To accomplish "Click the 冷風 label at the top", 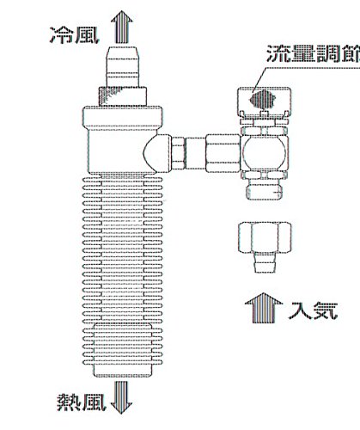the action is (75, 35).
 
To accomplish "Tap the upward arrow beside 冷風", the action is (122, 28).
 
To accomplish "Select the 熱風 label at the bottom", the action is (82, 402).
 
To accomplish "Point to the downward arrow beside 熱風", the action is (121, 397).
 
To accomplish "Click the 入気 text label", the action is (313, 310).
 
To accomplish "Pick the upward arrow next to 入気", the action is (264, 308).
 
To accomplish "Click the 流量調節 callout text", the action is (313, 53).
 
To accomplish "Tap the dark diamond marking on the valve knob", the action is (263, 100).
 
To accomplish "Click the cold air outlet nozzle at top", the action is (122, 66).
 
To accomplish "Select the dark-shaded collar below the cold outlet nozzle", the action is (123, 96).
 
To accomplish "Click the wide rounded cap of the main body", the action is (123, 118).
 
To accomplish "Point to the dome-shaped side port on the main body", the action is (157, 153).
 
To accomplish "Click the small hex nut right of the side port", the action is (178, 153).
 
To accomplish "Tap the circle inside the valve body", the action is (264, 153).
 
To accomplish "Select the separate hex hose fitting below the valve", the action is (265, 237).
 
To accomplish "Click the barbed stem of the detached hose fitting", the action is (265, 262).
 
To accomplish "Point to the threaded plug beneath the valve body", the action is (264, 189).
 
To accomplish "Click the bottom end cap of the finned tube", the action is (122, 371).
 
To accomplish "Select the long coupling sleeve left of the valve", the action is (223, 153).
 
